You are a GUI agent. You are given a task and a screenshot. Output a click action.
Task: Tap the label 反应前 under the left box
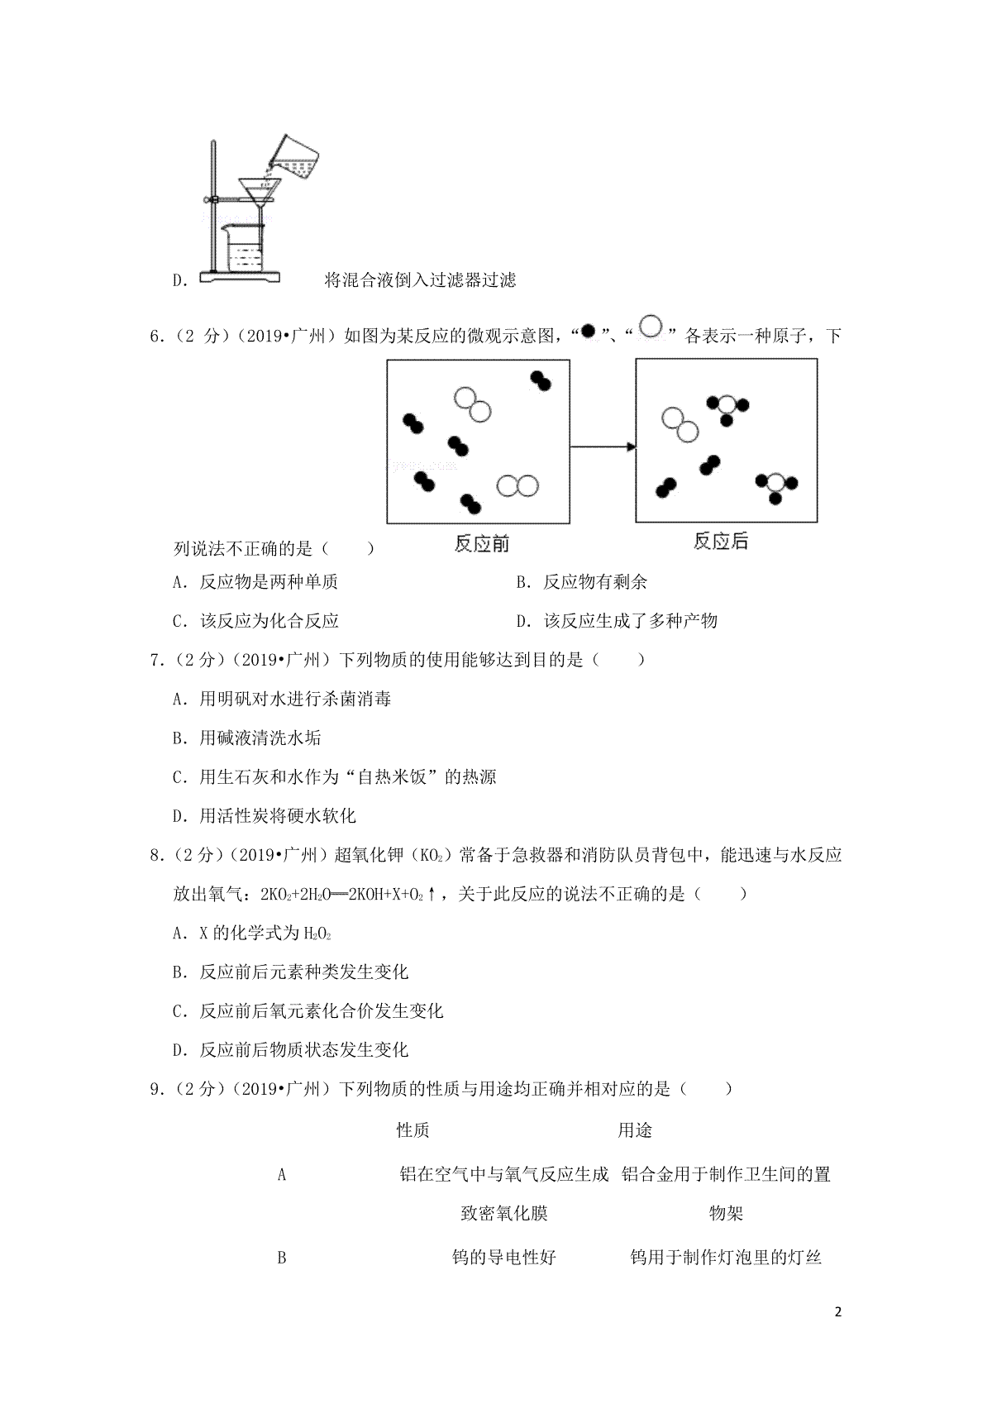[x=482, y=544]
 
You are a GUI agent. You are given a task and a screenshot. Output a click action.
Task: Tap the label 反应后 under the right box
[x=721, y=542]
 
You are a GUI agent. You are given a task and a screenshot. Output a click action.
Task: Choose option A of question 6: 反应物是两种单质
[x=256, y=582]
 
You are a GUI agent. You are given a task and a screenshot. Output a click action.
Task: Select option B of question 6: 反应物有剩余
[x=582, y=582]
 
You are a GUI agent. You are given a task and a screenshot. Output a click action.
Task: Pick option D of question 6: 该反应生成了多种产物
[x=617, y=621]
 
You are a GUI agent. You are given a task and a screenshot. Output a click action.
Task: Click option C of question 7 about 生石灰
[x=335, y=777]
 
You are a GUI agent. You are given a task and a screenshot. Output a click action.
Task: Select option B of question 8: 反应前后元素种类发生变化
[x=291, y=972]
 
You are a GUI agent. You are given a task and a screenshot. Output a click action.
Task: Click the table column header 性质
[x=413, y=1130]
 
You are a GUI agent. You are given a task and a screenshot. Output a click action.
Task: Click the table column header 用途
[x=635, y=1130]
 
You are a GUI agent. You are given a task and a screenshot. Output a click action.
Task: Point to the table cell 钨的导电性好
[x=504, y=1258]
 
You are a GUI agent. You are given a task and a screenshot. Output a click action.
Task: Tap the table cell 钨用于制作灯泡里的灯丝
[x=726, y=1258]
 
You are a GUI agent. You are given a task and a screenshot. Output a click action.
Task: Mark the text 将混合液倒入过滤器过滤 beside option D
[x=421, y=280]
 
